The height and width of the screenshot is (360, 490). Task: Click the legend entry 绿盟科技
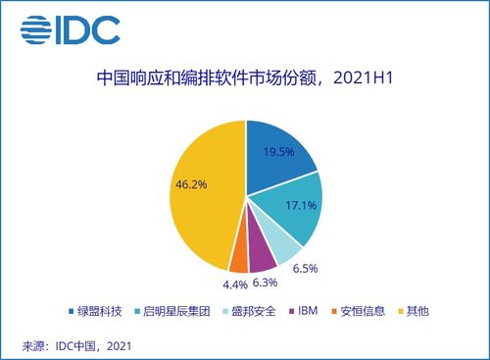pos(97,312)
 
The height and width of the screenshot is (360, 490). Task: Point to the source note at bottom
pos(75,345)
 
